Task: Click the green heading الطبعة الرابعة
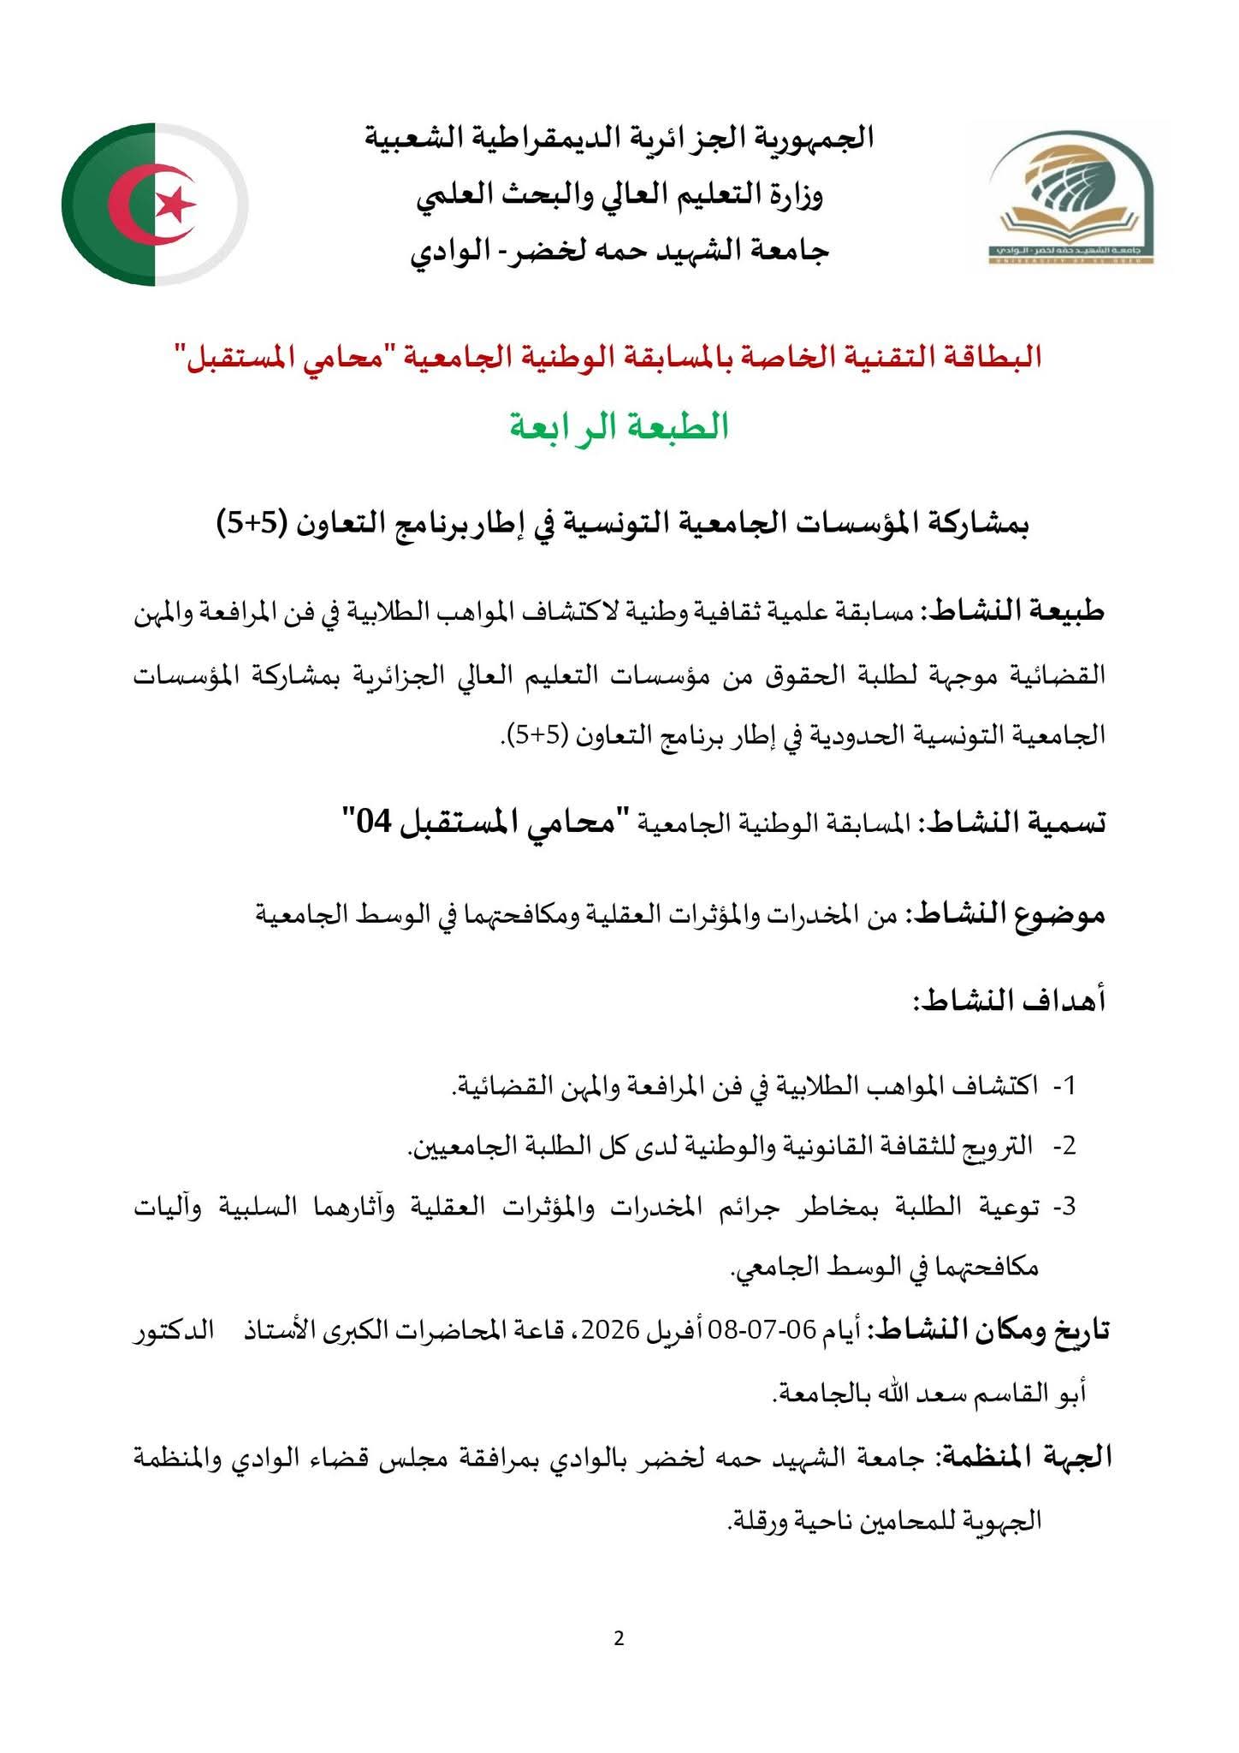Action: pos(619,425)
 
